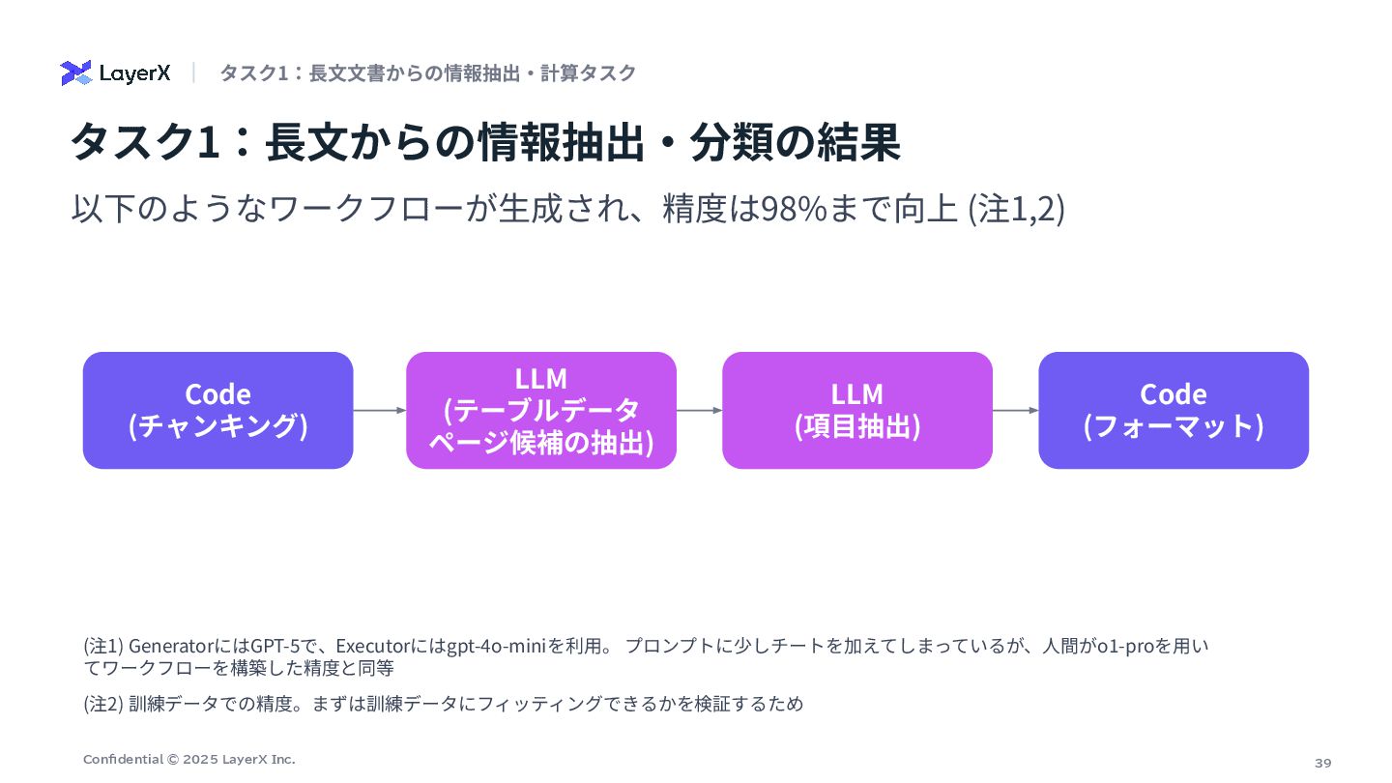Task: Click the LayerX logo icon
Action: point(75,72)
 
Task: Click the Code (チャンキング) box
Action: point(217,410)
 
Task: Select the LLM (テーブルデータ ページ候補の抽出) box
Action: point(540,410)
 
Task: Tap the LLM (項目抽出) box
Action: point(856,410)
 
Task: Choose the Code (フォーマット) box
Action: point(1173,410)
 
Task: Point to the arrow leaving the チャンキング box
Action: point(379,410)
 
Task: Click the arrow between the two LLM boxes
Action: point(699,410)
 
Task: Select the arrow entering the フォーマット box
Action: point(1015,410)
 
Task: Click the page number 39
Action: point(1322,763)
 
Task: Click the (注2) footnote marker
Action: point(103,704)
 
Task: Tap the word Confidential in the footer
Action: point(123,759)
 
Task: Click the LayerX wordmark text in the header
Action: point(134,72)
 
